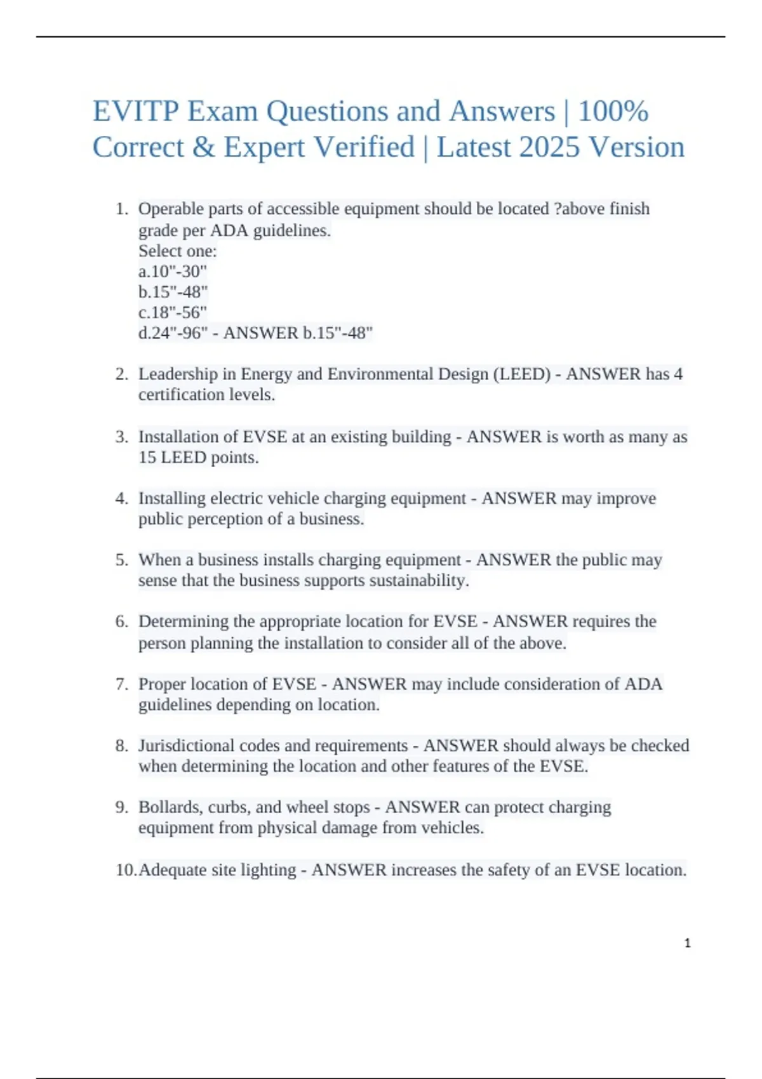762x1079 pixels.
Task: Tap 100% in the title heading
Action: point(613,112)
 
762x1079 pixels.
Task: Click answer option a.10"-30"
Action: point(173,272)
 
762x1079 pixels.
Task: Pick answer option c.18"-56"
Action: point(173,313)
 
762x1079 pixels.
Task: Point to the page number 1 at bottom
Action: point(687,943)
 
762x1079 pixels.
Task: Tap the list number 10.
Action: point(125,870)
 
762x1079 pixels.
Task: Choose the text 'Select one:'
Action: point(178,251)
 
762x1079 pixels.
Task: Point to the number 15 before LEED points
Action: point(147,458)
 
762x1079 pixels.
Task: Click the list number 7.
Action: point(121,684)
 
